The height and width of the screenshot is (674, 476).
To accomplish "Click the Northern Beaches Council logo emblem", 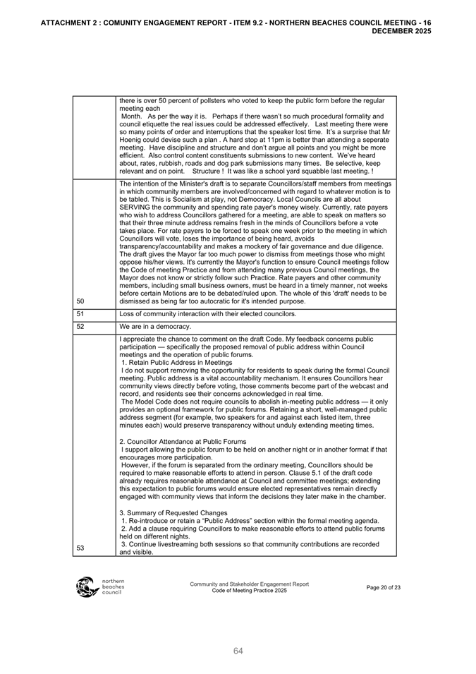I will pyautogui.click(x=86, y=586).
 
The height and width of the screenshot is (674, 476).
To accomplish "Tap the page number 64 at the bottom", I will pyautogui.click(x=238, y=651).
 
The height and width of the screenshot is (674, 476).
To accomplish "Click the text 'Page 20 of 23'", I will pyautogui.click(x=384, y=587).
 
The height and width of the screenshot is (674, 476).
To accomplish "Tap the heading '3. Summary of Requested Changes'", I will pyautogui.click(x=173, y=512).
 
